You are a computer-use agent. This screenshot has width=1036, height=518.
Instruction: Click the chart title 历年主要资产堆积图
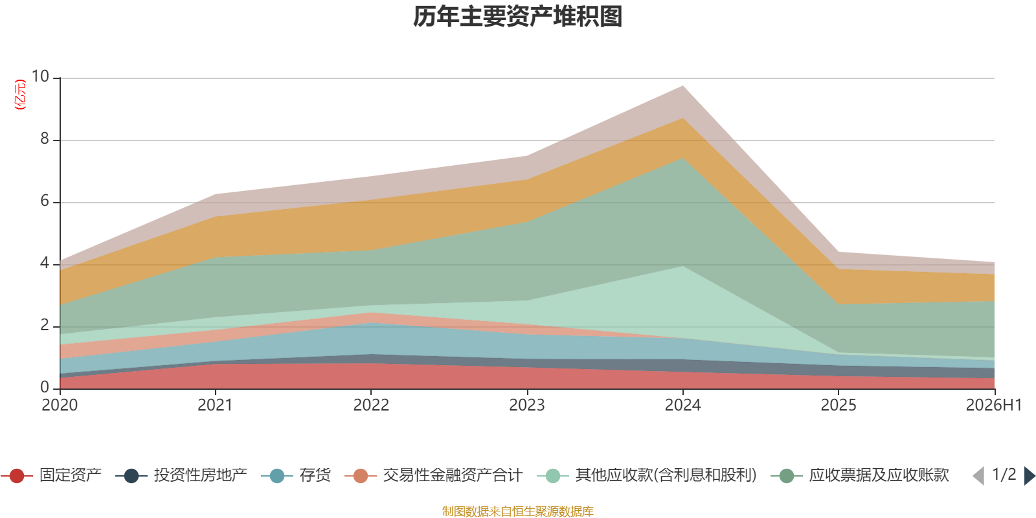[x=517, y=17]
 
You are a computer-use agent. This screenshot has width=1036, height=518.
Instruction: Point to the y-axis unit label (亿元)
[x=20, y=95]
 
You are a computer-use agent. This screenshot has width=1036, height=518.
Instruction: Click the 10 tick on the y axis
[x=40, y=76]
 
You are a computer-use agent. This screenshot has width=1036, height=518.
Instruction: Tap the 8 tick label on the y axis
[x=45, y=139]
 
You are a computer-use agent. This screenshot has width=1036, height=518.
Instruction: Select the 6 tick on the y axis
[x=45, y=201]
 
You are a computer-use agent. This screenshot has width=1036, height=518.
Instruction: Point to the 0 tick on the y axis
[x=45, y=387]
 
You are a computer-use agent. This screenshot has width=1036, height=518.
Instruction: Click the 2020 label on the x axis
[x=60, y=405]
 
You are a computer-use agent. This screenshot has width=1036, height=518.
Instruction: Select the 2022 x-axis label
[x=371, y=405]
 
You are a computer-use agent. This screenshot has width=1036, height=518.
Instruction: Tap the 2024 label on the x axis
[x=682, y=405]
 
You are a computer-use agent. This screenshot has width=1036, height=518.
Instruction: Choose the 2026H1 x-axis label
[x=993, y=405]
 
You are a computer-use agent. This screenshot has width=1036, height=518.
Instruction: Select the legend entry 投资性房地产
[x=181, y=475]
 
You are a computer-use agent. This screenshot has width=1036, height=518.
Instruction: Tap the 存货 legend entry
[x=296, y=475]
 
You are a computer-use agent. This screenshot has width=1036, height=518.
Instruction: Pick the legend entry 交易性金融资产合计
[x=434, y=475]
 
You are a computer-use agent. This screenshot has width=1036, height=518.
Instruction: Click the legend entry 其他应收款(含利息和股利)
[x=647, y=475]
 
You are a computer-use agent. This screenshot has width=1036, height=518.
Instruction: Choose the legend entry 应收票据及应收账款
[x=860, y=475]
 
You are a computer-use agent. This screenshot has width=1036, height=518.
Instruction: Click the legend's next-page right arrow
[x=1030, y=476]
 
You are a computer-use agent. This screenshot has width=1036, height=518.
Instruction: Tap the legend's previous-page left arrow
[x=978, y=476]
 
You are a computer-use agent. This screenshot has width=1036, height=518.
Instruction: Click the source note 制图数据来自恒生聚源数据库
[x=517, y=511]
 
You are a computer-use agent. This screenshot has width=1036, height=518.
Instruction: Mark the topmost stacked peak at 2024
[x=682, y=85]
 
